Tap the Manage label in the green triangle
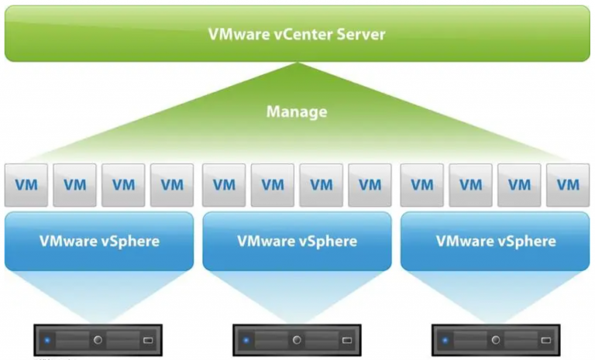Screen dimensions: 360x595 click(x=297, y=112)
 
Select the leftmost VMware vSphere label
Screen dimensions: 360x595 click(x=99, y=241)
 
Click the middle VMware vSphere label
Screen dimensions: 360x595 click(x=297, y=241)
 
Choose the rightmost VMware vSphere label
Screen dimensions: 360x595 click(x=496, y=241)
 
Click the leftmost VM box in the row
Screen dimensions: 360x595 click(x=26, y=185)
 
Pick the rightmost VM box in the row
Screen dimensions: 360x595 click(x=568, y=185)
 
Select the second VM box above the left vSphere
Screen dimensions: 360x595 click(x=75, y=185)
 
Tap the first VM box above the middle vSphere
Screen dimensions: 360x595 click(x=224, y=185)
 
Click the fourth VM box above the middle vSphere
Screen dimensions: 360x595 click(x=370, y=185)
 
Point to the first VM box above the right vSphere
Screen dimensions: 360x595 click(x=422, y=185)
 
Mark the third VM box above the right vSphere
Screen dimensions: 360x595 click(x=520, y=185)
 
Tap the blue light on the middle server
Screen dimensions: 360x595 click(x=246, y=340)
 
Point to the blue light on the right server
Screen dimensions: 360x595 click(x=445, y=340)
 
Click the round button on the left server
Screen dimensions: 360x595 click(x=98, y=340)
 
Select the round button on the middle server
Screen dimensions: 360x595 click(x=297, y=340)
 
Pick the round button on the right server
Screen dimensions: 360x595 click(x=495, y=340)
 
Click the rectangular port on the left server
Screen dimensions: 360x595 click(x=148, y=340)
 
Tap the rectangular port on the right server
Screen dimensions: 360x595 click(x=545, y=340)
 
